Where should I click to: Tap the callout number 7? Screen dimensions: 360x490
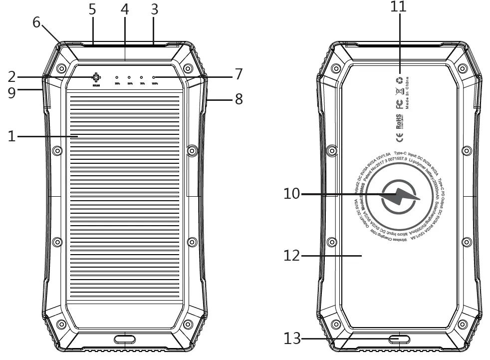[x=239, y=75]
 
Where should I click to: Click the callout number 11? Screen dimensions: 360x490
[x=398, y=6]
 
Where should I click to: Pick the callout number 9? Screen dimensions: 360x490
[x=11, y=92]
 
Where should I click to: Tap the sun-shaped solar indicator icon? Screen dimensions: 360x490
[x=95, y=78]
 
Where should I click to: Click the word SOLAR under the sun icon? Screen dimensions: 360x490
[x=95, y=86]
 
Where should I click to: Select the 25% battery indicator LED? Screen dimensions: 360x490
[x=117, y=78]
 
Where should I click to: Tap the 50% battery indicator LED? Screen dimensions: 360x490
[x=129, y=78]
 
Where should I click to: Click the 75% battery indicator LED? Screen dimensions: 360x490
[x=141, y=78]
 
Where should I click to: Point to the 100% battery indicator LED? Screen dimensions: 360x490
[x=154, y=78]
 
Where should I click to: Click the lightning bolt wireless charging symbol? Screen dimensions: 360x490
[x=402, y=199]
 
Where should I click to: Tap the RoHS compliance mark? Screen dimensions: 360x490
[x=399, y=121]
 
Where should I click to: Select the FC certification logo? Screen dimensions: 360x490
[x=399, y=104]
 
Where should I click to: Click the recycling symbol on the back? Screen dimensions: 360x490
[x=399, y=80]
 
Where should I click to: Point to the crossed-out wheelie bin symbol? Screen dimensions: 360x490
[x=399, y=91]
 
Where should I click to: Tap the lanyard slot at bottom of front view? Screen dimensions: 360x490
[x=124, y=340]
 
